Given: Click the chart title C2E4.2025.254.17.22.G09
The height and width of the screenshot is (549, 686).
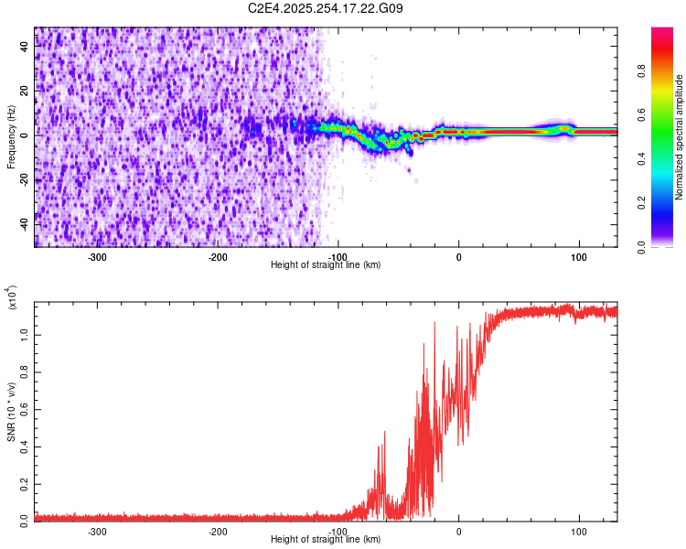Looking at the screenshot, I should [x=326, y=9].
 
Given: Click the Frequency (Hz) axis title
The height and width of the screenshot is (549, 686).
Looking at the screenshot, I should [x=12, y=137].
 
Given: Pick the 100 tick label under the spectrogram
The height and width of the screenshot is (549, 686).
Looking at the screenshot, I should [x=579, y=257].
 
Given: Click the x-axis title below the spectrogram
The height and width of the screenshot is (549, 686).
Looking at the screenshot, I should [x=326, y=265].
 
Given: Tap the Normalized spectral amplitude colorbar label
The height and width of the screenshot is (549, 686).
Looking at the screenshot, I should [x=680, y=137].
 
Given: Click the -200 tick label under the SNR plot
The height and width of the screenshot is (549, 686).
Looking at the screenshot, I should [x=218, y=532].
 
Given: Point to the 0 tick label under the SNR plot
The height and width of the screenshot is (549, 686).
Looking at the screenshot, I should [x=459, y=532].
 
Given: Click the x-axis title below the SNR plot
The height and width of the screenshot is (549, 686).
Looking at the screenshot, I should [x=326, y=540].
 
